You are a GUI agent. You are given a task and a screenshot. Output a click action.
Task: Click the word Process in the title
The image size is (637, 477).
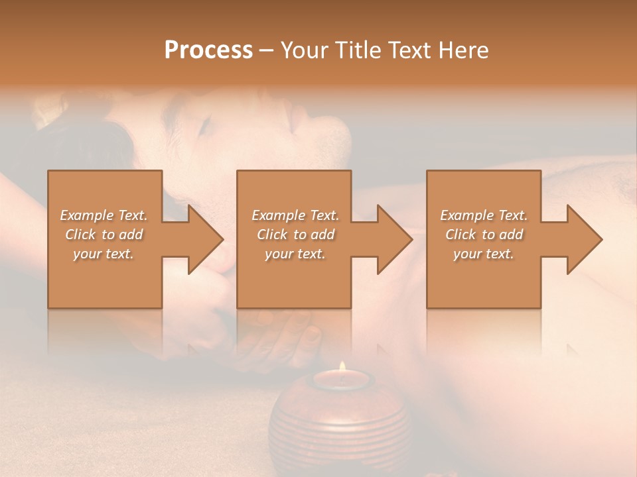coord(208,50)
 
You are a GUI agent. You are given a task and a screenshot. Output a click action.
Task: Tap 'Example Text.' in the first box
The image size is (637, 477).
coord(104,215)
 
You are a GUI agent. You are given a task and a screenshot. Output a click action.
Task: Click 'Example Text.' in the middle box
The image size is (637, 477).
coord(295,215)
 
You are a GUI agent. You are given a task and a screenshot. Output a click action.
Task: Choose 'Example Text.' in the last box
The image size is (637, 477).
coord(484,215)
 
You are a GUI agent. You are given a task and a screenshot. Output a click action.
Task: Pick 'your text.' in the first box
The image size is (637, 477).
coord(104,254)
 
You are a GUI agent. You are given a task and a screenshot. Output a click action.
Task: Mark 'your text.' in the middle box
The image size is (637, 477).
coord(295,254)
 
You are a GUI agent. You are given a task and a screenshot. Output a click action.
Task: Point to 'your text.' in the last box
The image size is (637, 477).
coord(484,254)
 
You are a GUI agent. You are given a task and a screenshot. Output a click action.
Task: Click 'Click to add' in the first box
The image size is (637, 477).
coord(104,235)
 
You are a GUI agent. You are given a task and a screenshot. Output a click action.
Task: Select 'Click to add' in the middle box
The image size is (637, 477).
coord(295,235)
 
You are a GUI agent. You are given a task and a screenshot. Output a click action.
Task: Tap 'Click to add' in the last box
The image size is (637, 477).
coord(484,235)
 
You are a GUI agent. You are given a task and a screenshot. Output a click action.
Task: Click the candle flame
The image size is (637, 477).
coord(342,367)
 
